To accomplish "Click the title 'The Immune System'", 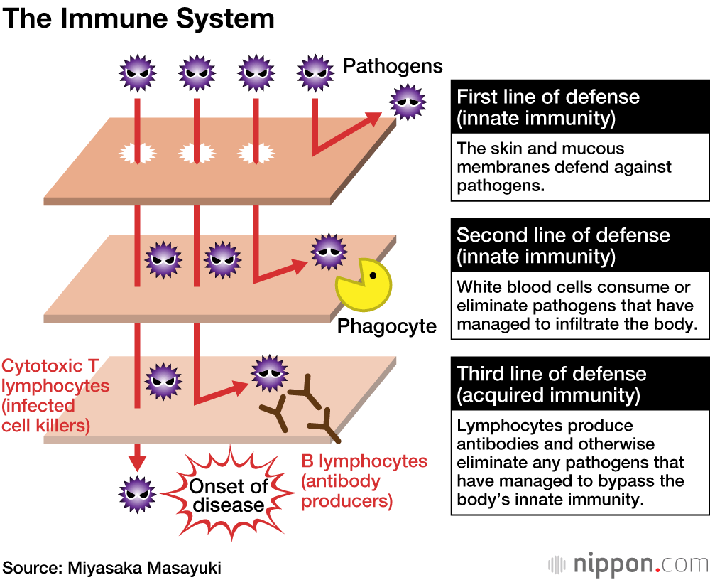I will coord(138,19).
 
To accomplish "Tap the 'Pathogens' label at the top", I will coord(393,66).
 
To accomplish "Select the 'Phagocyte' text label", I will coord(386,326).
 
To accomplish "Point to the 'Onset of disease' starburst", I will coord(227,495).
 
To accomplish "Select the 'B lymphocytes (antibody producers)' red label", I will coord(364,481).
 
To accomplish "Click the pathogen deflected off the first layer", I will coord(407,102).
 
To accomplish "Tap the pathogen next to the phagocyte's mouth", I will coord(328,252).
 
